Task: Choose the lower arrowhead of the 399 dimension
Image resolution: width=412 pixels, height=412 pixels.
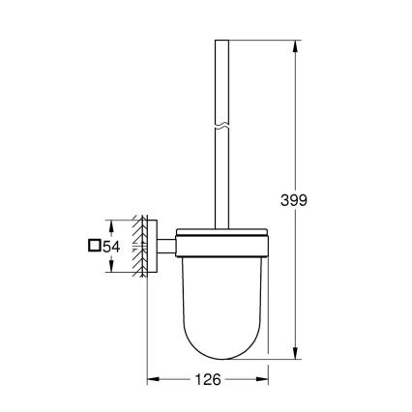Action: (x=295, y=356)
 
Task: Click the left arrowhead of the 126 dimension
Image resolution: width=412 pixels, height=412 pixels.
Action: (x=152, y=380)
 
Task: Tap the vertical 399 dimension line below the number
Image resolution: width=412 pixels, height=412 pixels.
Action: (x=295, y=290)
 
